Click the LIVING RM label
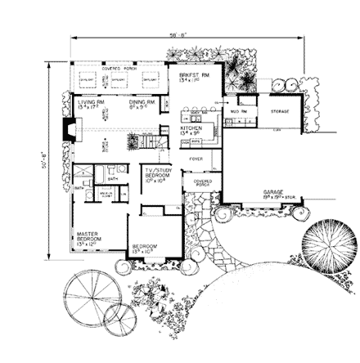(x=86, y=103)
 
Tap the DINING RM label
(x=136, y=103)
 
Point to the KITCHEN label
(x=190, y=129)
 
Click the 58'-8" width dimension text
(x=177, y=35)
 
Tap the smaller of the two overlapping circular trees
(x=119, y=315)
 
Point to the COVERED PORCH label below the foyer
(x=200, y=184)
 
